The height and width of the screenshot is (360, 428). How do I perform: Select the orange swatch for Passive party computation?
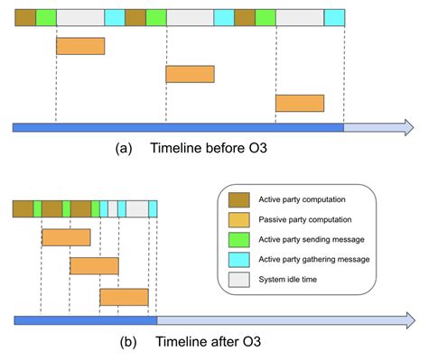click(239, 219)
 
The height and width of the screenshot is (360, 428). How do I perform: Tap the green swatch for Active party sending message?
click(239, 239)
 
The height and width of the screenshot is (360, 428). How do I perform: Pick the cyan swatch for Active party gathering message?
click(239, 259)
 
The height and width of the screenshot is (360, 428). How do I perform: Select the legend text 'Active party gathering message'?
click(322, 259)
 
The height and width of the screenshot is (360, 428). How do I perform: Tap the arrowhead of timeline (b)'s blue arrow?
click(410, 320)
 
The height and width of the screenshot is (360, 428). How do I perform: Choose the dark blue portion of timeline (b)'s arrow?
click(86, 320)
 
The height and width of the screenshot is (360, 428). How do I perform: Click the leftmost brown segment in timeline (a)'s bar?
click(25, 17)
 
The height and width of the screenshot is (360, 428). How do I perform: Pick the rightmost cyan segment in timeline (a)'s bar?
click(334, 17)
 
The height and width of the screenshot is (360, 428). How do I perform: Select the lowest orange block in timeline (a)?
click(299, 103)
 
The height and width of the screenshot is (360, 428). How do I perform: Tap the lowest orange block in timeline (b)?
click(124, 297)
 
